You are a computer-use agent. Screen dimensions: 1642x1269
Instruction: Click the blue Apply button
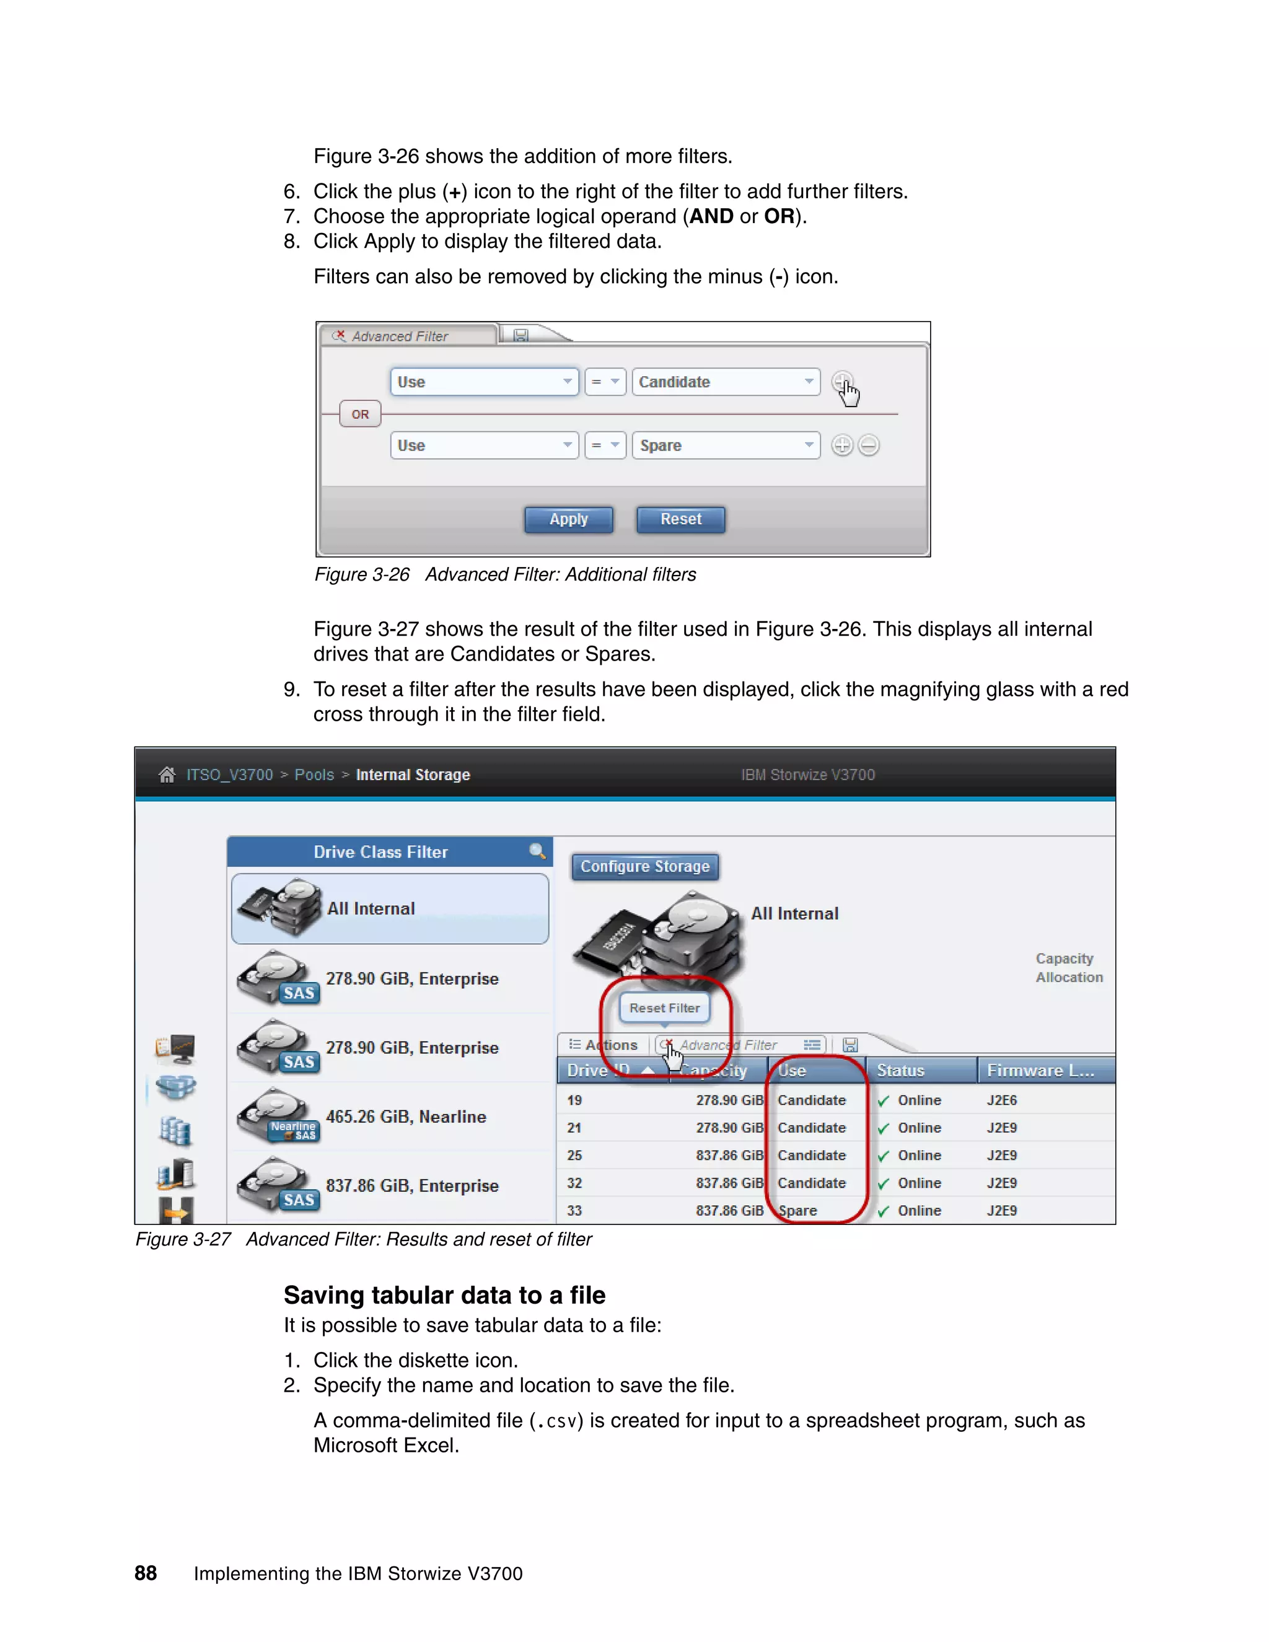tap(568, 519)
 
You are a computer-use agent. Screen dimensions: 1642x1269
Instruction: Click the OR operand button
tap(360, 415)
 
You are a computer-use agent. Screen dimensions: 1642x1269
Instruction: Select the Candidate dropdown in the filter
tap(726, 382)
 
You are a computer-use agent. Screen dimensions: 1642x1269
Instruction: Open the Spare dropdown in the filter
tap(726, 446)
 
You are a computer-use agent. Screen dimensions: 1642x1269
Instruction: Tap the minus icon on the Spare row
tap(868, 446)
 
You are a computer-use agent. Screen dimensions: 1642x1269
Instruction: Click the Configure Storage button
tap(645, 867)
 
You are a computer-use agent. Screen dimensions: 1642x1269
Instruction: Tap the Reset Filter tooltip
tap(665, 1008)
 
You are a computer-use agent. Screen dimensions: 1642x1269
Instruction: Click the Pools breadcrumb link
tap(314, 775)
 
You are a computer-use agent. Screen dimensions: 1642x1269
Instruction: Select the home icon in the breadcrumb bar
tap(167, 775)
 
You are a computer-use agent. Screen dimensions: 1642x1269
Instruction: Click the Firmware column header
tap(1040, 1071)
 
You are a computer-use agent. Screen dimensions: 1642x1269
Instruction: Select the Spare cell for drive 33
tap(797, 1211)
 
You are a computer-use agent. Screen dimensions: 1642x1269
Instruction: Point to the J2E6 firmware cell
tap(1002, 1100)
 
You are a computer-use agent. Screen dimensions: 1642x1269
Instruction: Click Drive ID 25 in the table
tap(575, 1156)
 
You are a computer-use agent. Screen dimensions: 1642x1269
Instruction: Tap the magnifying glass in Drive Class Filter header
tap(537, 851)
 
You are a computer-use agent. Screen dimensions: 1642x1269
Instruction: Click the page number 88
tap(146, 1574)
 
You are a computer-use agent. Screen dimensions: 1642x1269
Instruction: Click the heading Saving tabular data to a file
tap(444, 1296)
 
